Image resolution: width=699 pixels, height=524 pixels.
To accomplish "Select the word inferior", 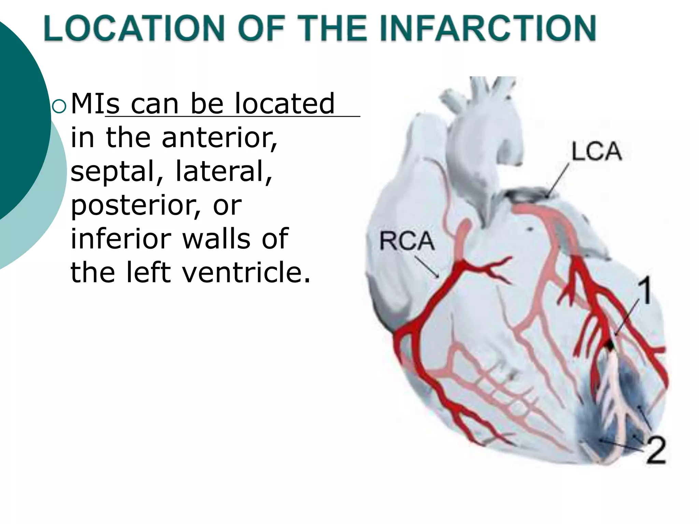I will click(121, 238).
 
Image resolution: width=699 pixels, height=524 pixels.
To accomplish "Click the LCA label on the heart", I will click(596, 151).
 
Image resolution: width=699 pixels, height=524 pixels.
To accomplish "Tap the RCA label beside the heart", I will click(407, 241).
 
